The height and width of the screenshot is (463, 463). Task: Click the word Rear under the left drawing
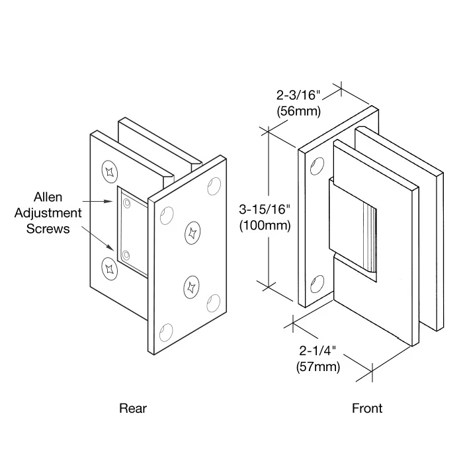[132, 408]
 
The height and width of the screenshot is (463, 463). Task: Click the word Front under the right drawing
[366, 408]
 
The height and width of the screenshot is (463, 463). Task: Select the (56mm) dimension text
[298, 112]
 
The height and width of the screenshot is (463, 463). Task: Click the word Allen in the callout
[49, 197]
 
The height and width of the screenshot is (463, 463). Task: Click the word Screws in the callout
[49, 229]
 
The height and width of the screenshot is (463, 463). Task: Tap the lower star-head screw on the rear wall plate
[108, 267]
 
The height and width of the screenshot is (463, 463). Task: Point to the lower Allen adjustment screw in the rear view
[127, 254]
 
